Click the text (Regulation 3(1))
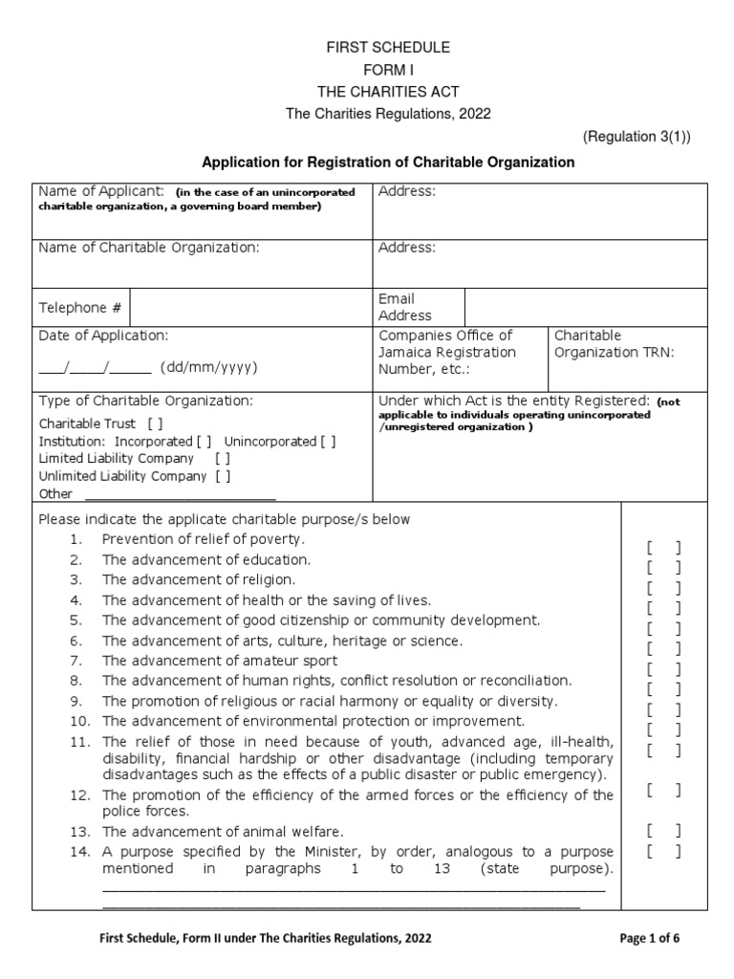click(637, 137)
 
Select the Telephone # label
click(80, 308)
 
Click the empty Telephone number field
click(250, 308)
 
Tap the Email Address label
click(405, 307)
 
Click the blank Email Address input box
click(585, 307)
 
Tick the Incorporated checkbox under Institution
click(205, 442)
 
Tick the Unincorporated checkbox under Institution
click(328, 442)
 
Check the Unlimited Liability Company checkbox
click(223, 476)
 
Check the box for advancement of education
click(663, 568)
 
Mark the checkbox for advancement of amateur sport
click(663, 669)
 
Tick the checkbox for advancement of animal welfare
click(663, 830)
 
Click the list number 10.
click(79, 721)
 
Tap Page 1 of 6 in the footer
click(650, 939)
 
